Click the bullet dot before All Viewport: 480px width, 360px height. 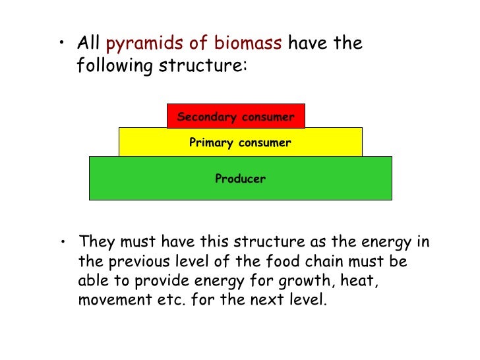point(61,44)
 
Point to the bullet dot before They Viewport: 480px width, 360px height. point(61,243)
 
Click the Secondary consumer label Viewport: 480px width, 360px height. point(235,117)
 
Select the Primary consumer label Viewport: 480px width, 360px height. point(240,142)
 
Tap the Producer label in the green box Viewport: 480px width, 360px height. point(240,178)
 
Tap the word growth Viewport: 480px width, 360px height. point(305,281)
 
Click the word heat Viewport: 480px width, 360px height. point(360,281)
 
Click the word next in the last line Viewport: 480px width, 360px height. point(276,301)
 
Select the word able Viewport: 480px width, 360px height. point(92,281)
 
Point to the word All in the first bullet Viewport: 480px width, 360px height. point(89,44)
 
